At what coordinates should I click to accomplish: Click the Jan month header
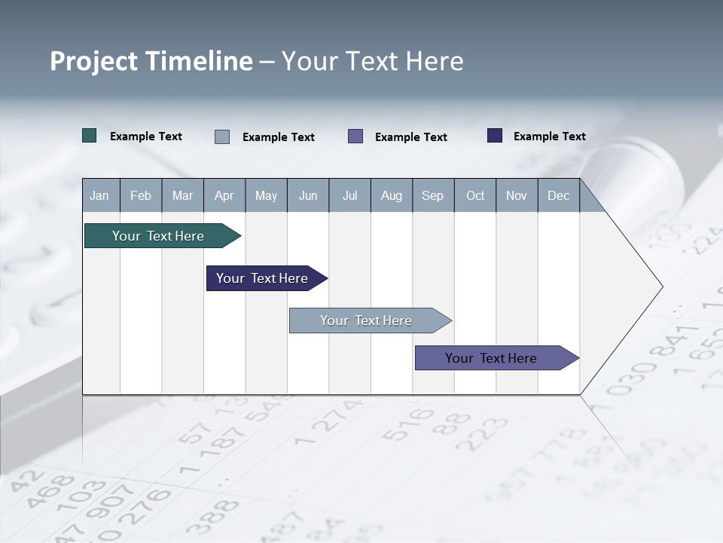[x=100, y=195]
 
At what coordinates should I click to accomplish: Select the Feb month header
[x=141, y=195]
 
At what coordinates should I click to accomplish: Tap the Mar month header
[x=182, y=195]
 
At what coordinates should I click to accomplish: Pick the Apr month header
[x=224, y=195]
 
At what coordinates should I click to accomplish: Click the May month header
[x=266, y=195]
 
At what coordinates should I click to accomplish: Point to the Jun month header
[x=308, y=195]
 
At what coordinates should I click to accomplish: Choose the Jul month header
[x=349, y=195]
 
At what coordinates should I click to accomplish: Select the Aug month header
[x=392, y=195]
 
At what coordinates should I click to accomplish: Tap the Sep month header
[x=433, y=195]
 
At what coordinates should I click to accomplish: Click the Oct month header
[x=475, y=195]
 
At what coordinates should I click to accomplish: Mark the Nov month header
[x=517, y=195]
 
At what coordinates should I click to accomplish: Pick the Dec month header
[x=559, y=195]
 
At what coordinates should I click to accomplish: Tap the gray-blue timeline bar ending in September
[x=367, y=321]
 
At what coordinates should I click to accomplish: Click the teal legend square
[x=90, y=136]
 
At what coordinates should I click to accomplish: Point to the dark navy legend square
[x=495, y=136]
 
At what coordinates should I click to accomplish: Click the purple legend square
[x=355, y=136]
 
